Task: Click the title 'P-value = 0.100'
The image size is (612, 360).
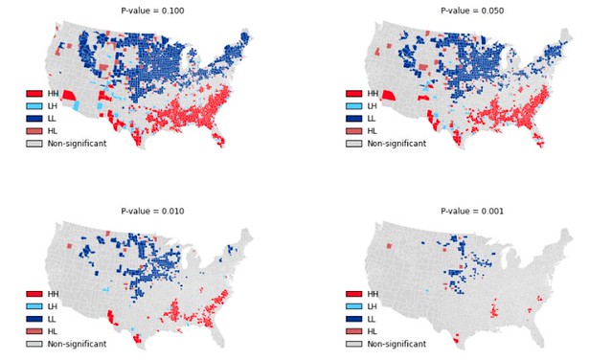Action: [x=152, y=11]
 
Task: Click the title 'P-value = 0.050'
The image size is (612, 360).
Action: [x=472, y=11]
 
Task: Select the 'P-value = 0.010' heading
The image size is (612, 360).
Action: [x=152, y=211]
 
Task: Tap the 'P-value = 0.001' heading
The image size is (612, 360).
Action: [x=472, y=211]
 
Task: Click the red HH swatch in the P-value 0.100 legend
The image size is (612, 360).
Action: [x=34, y=94]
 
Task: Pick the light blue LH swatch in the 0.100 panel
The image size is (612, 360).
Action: [x=34, y=106]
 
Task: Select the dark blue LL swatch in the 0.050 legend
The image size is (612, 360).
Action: [x=353, y=119]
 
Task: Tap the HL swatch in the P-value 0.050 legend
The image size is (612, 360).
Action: [x=353, y=131]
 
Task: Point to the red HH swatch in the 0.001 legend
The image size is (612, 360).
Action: [x=353, y=294]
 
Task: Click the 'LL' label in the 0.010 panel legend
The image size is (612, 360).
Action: [x=53, y=319]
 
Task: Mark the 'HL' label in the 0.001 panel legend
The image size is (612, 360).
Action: [x=373, y=331]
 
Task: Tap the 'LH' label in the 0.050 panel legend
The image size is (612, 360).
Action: [x=373, y=106]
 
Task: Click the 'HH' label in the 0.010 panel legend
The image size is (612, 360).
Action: [x=53, y=294]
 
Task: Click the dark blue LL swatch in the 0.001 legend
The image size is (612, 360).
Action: [x=353, y=319]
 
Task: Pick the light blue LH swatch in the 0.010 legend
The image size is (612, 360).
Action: [x=34, y=306]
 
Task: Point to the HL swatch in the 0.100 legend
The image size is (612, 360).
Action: [x=34, y=131]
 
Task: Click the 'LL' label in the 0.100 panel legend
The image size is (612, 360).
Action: [x=53, y=119]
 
